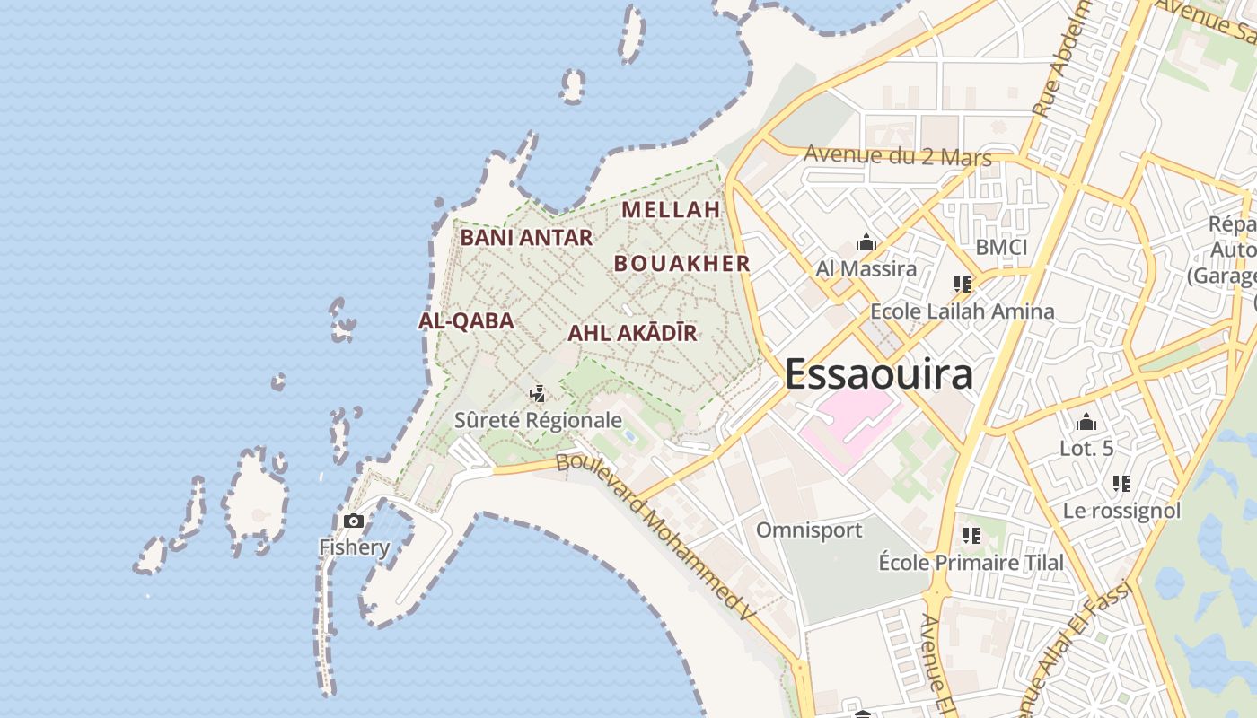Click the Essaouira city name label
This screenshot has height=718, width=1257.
[x=878, y=373]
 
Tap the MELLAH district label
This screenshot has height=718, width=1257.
[x=671, y=210]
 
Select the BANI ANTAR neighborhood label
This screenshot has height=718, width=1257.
[x=526, y=238]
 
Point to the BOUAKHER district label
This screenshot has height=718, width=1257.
[x=681, y=263]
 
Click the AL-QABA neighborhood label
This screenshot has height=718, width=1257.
[x=466, y=320]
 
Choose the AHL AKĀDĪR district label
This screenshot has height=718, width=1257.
[x=632, y=333]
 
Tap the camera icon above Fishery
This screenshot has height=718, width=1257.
[x=354, y=521]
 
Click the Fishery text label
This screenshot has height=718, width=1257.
[x=355, y=547]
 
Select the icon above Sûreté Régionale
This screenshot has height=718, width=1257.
[x=538, y=393]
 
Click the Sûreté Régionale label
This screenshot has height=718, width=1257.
[x=538, y=419]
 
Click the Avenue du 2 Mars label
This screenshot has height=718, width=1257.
[x=897, y=155]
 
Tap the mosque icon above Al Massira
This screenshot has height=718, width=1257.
[x=866, y=242]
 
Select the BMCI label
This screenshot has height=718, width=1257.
[x=1001, y=247]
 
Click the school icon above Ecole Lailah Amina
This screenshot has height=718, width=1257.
[x=963, y=285]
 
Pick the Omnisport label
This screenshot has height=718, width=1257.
[x=808, y=530]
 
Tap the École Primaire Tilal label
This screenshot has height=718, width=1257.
[x=971, y=563]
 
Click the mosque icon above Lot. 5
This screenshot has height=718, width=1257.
[x=1086, y=422]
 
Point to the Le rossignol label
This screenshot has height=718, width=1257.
[x=1121, y=511]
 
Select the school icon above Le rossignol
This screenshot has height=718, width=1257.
[x=1121, y=485]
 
